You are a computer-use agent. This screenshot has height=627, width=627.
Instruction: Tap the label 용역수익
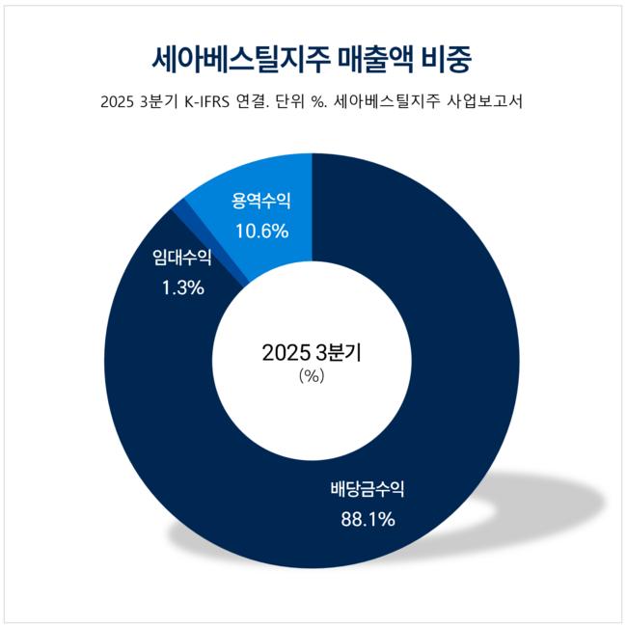260,202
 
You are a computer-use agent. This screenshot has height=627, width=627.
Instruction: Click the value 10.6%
260,231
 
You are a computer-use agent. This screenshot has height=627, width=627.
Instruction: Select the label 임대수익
182,258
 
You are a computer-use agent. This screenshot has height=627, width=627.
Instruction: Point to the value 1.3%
182,286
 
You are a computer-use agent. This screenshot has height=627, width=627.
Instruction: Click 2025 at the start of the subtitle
118,102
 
